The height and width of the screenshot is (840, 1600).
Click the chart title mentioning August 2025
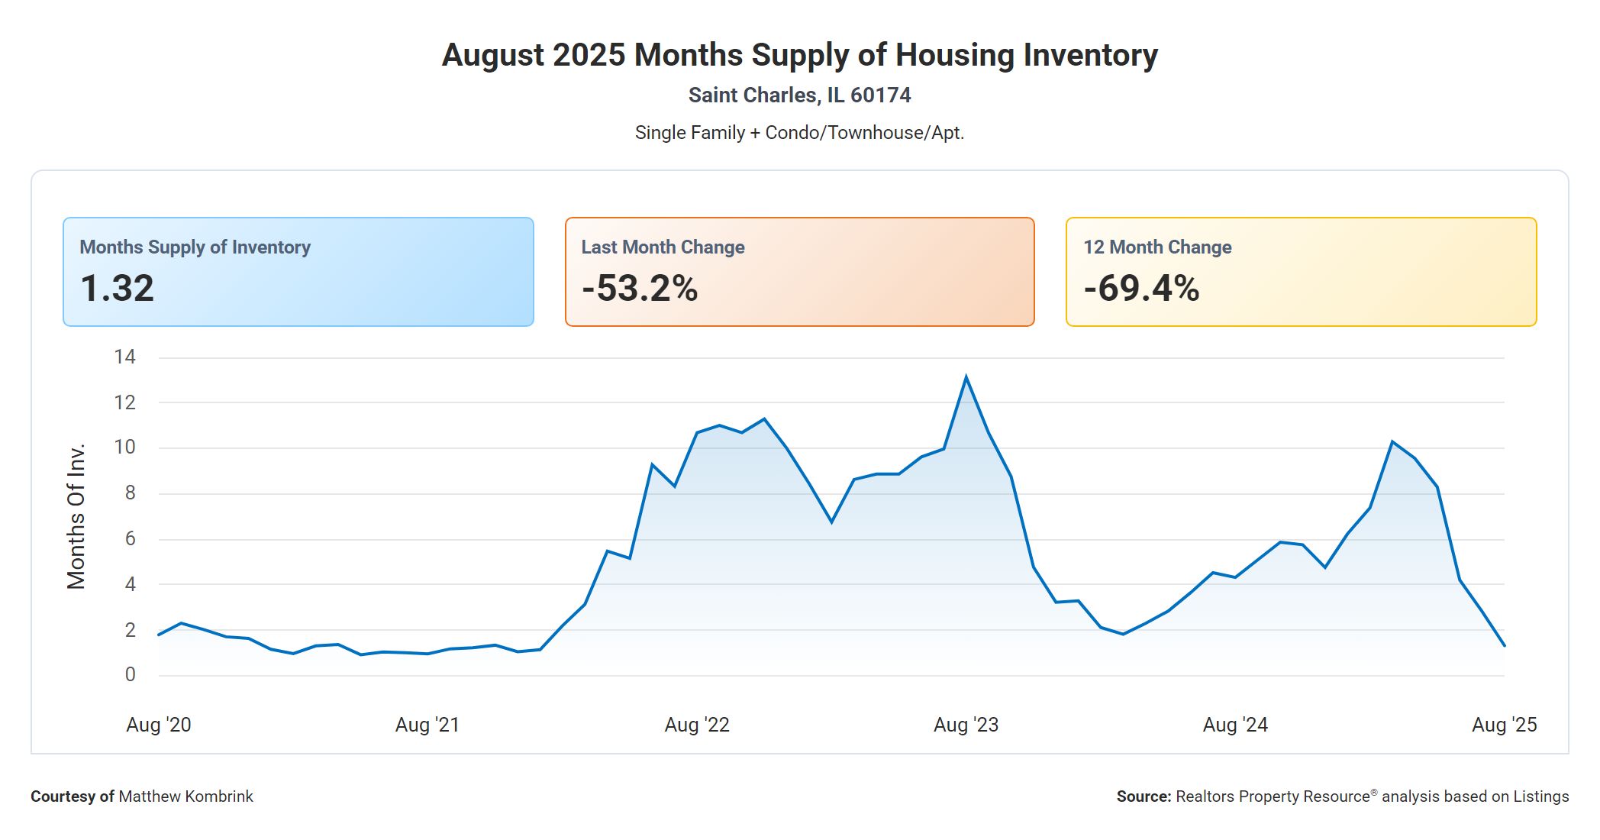coord(799,55)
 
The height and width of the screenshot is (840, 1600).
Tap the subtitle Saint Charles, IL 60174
coord(799,95)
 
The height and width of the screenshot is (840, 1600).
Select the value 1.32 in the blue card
coord(118,289)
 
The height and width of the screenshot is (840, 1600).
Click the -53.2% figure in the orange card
coord(640,289)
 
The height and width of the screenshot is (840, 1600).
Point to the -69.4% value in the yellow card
coord(1141,289)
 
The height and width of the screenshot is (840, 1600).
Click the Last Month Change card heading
coord(663,247)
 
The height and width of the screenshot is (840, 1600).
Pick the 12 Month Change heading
coord(1157,247)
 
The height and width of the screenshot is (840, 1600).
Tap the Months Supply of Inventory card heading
coord(195,247)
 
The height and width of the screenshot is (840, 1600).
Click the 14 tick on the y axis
coord(124,357)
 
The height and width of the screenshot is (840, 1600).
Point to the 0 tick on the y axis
coord(130,675)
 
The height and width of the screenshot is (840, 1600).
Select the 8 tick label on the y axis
coord(130,493)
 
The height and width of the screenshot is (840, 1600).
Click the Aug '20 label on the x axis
coord(159,725)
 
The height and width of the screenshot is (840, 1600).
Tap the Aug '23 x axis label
coord(966,725)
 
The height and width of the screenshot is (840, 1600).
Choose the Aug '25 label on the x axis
coord(1504,725)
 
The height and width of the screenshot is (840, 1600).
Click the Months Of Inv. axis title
coord(76,516)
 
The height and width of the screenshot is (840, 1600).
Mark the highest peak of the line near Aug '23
coord(966,377)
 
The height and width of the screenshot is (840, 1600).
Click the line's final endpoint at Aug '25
coord(1504,645)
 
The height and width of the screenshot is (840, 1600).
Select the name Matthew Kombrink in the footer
coord(185,796)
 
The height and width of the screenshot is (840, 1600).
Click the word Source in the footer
coord(1143,796)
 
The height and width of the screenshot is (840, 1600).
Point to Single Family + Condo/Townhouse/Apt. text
coord(799,133)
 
